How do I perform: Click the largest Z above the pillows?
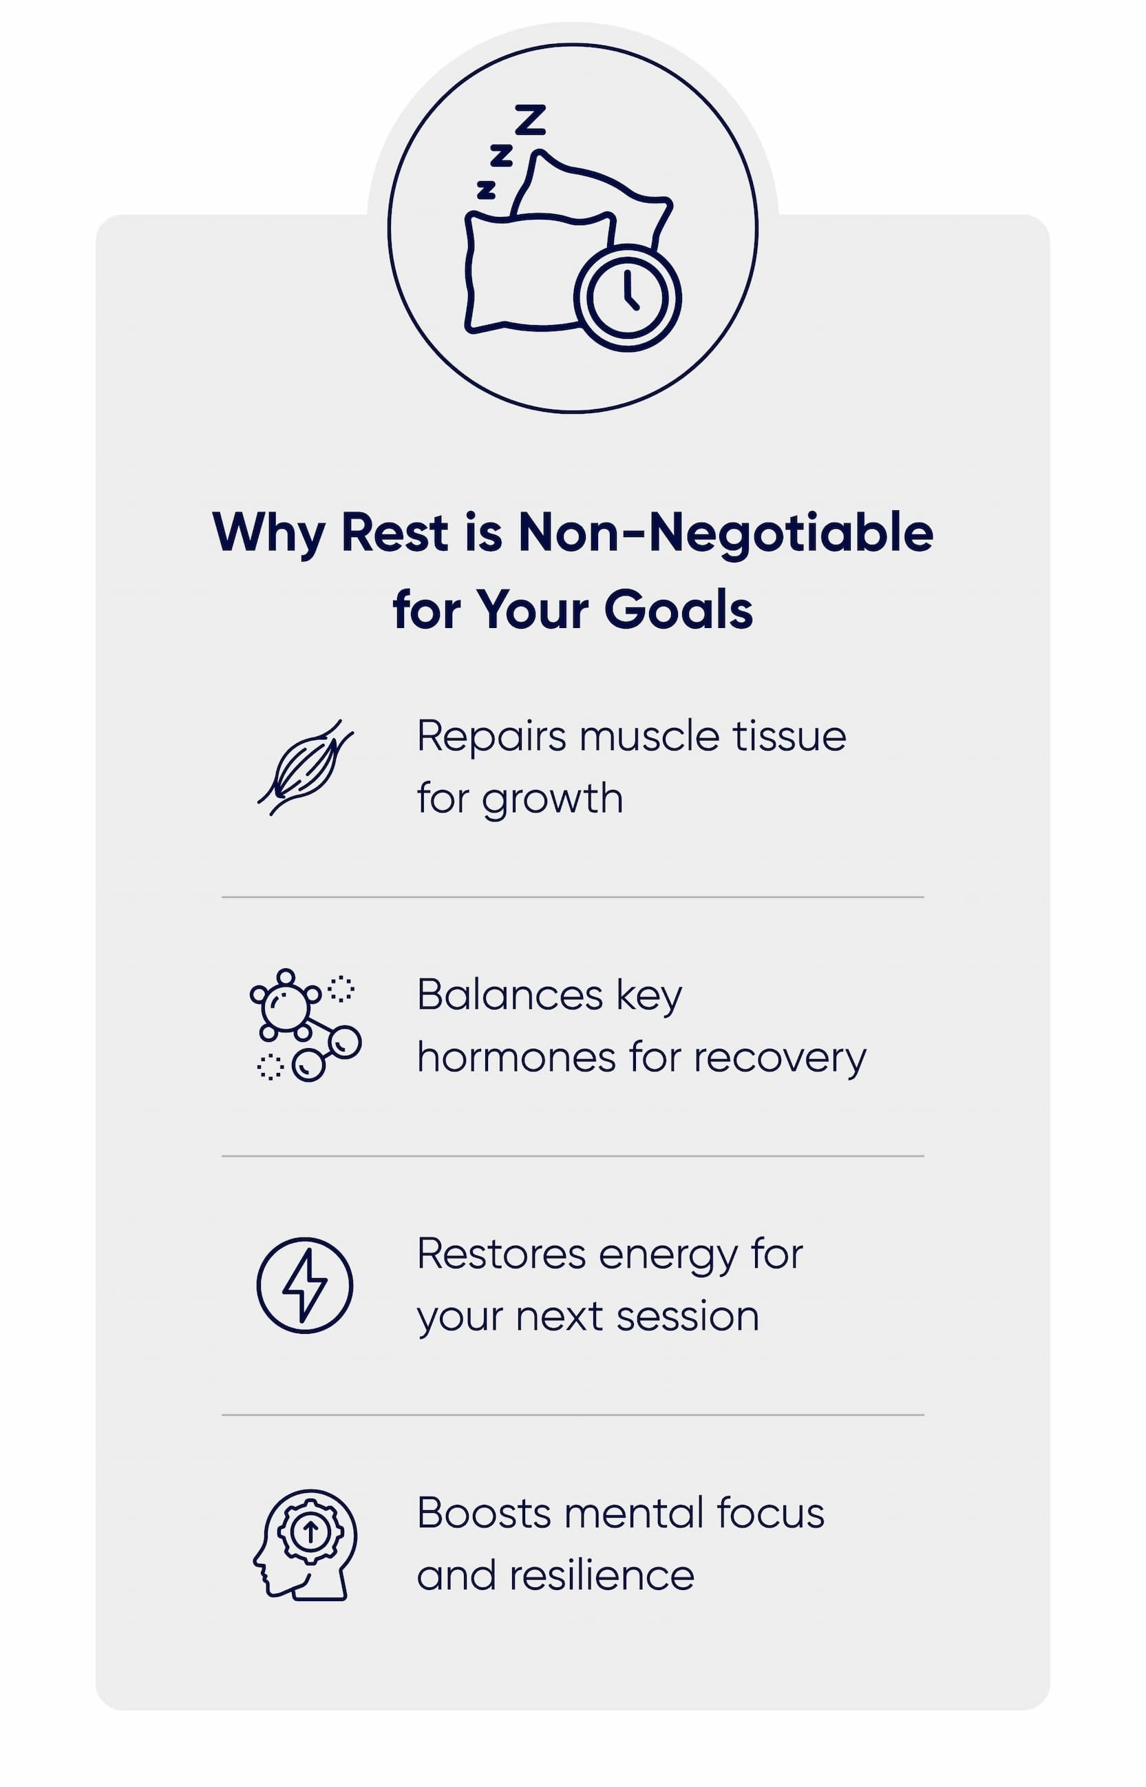pos(531,120)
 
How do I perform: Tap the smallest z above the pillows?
pos(486,191)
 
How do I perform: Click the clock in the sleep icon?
pos(627,297)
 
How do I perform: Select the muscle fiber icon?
pos(305,767)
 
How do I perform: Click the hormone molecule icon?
pos(305,1025)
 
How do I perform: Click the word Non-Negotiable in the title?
pos(725,533)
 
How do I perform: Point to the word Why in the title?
pos(268,533)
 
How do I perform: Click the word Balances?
pos(509,995)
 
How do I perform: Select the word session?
pos(687,1317)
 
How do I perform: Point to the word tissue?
pos(789,736)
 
